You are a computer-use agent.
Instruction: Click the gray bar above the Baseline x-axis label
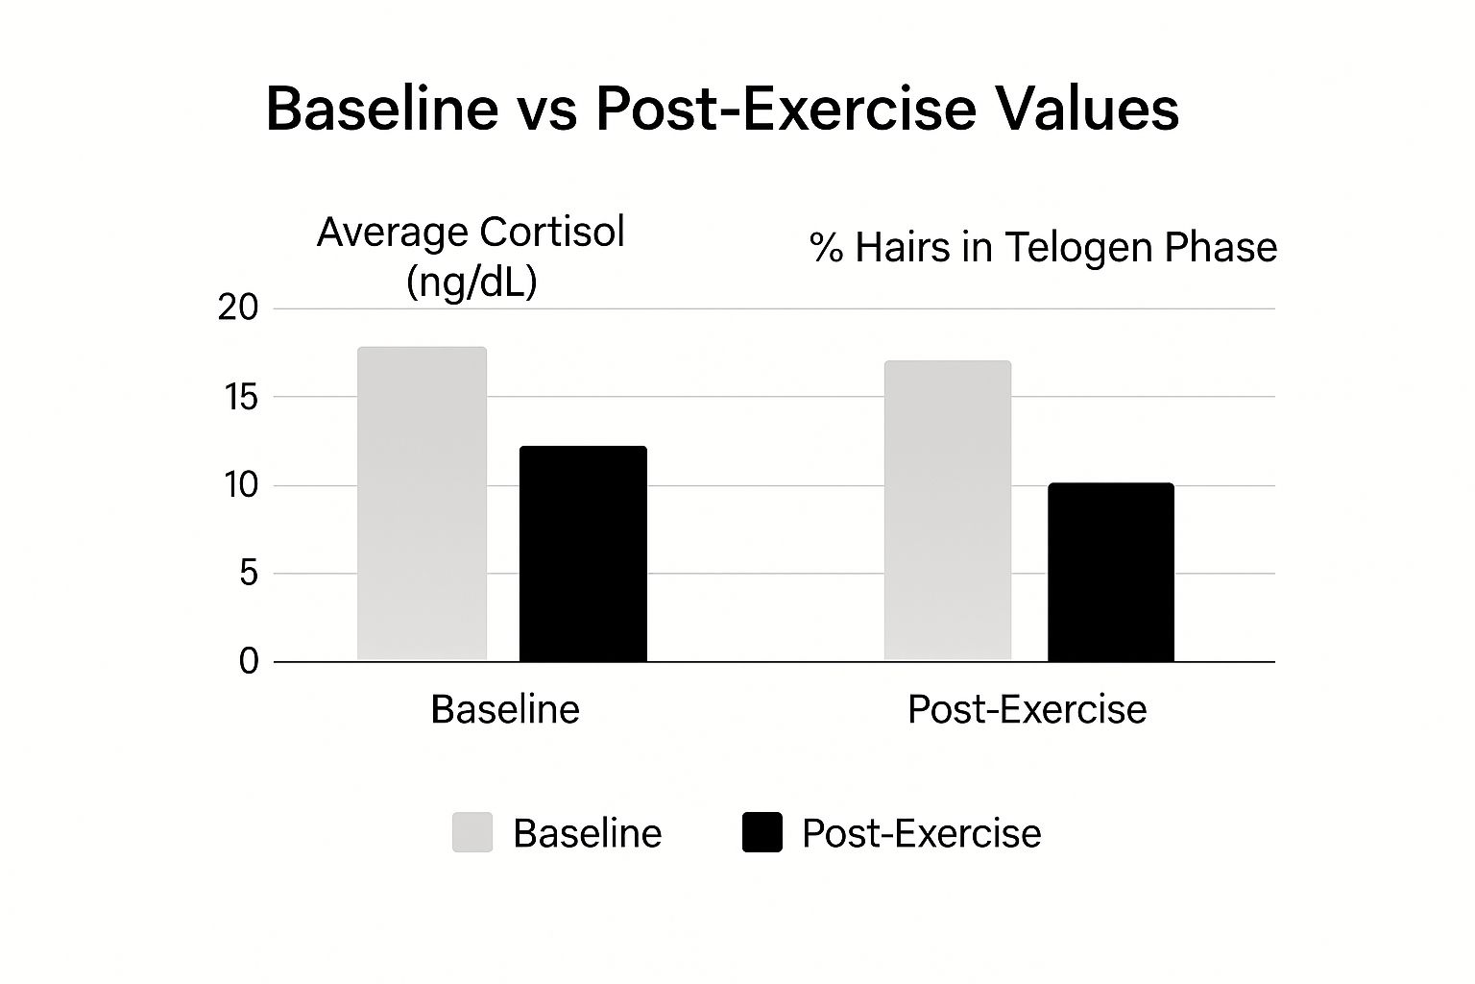pyautogui.click(x=422, y=504)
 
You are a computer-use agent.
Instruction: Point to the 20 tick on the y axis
pyautogui.click(x=238, y=308)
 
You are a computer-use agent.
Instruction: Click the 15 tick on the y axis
pyautogui.click(x=238, y=397)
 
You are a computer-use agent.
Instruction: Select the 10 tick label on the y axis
pyautogui.click(x=241, y=485)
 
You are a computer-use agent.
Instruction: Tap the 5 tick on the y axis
pyautogui.click(x=248, y=574)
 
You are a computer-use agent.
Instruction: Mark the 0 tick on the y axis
pyautogui.click(x=249, y=662)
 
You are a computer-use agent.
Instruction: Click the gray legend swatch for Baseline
pyautogui.click(x=472, y=832)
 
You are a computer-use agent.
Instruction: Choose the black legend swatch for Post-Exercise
pyautogui.click(x=762, y=832)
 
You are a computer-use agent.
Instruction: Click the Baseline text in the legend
pyautogui.click(x=587, y=833)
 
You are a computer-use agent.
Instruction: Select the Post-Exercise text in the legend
pyautogui.click(x=921, y=833)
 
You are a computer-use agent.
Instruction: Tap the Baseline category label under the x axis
pyautogui.click(x=505, y=710)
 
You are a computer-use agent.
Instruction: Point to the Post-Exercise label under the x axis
pyautogui.click(x=1027, y=710)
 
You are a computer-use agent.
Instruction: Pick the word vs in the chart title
pyautogui.click(x=546, y=111)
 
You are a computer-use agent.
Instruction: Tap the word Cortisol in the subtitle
pyautogui.click(x=551, y=233)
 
